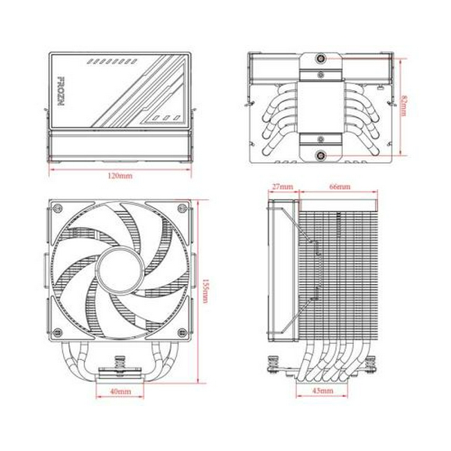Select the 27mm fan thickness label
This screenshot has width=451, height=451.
(282, 185)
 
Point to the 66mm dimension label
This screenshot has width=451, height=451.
(339, 185)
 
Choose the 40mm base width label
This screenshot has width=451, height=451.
(120, 392)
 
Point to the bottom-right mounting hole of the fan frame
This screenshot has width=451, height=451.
(182, 331)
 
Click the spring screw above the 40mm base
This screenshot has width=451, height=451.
(120, 365)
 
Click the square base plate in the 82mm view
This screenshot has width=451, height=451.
(321, 105)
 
